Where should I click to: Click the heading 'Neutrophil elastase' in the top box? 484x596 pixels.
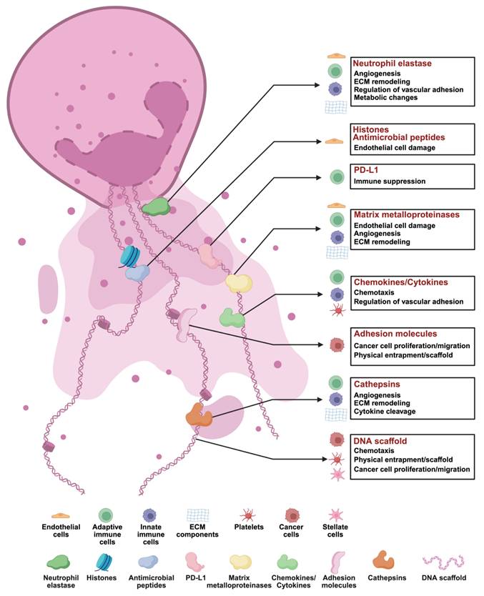pyautogui.click(x=392, y=63)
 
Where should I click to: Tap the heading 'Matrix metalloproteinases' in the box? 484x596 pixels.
pyautogui.click(x=407, y=214)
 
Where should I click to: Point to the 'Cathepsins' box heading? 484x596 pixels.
pyautogui.click(x=377, y=384)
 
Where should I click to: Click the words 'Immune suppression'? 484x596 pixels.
pyautogui.click(x=390, y=182)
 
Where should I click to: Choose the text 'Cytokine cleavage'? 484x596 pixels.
pyautogui.click(x=385, y=412)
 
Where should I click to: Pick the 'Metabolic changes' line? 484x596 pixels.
pyautogui.click(x=385, y=98)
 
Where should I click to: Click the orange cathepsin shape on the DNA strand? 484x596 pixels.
pyautogui.click(x=199, y=414)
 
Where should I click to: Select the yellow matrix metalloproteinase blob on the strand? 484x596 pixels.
pyautogui.click(x=239, y=284)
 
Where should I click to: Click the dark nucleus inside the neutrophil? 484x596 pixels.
pyautogui.click(x=122, y=136)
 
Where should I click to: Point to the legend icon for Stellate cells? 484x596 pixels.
pyautogui.click(x=336, y=515)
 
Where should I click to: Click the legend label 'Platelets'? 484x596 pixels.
pyautogui.click(x=249, y=527)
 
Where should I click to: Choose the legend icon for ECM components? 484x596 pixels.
pyautogui.click(x=198, y=515)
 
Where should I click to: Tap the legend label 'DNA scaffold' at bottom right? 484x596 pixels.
pyautogui.click(x=444, y=577)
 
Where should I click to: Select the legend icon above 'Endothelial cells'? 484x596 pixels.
pyautogui.click(x=61, y=516)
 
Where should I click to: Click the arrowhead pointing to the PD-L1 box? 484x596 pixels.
pyautogui.click(x=318, y=177)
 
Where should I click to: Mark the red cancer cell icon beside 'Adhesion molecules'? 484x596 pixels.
pyautogui.click(x=337, y=344)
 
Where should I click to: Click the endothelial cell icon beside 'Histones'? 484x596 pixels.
pyautogui.click(x=334, y=141)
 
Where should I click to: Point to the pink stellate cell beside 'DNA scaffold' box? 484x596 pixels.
pyautogui.click(x=337, y=475)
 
